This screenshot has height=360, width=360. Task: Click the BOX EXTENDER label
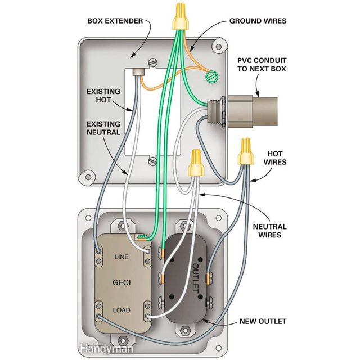116,21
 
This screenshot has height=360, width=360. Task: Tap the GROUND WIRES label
258,21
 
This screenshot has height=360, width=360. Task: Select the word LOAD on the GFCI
121,310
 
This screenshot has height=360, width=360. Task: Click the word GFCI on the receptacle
121,283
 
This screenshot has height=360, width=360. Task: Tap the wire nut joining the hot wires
245,151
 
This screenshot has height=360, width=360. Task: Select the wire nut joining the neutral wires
196,163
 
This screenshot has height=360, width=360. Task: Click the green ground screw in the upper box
211,75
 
